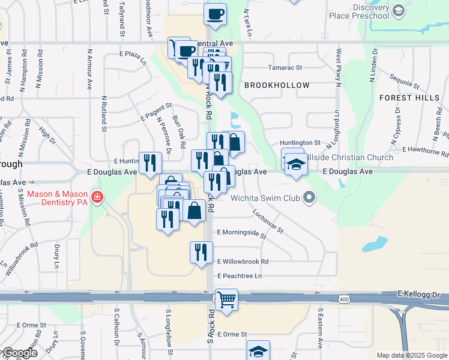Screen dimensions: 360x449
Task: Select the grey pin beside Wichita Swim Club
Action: [x=310, y=197]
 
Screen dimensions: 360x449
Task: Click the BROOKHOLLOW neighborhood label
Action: [x=277, y=86]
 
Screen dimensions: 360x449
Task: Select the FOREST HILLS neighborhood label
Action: [x=408, y=97]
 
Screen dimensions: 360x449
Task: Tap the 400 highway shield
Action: [x=343, y=299]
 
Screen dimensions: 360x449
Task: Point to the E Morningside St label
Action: [x=242, y=232]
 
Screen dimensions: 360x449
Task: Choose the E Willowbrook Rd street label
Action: [x=243, y=262]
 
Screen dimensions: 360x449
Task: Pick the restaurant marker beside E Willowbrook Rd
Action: [x=201, y=251]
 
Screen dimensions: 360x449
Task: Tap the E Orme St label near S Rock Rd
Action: [x=232, y=334]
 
